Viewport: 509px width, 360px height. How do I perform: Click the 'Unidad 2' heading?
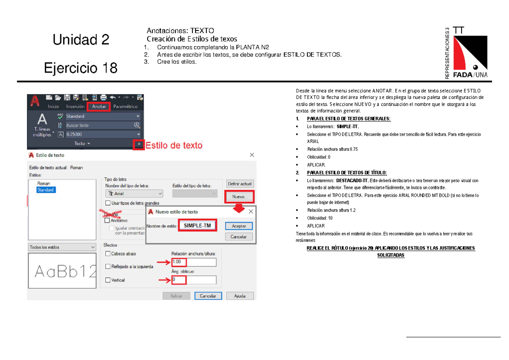coord(81,40)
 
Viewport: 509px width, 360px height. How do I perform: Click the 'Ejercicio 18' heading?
coord(81,67)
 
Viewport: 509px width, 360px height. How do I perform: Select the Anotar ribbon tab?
coord(98,107)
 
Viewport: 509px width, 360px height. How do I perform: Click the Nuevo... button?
coord(240,197)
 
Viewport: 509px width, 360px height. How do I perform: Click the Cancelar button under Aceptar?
coord(239,237)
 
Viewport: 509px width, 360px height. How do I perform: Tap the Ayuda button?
coord(240,296)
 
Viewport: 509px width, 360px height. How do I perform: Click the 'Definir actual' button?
coord(240,184)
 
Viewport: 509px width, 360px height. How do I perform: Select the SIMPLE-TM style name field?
coord(197,226)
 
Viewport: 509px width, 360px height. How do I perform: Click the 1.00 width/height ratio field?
coord(194,262)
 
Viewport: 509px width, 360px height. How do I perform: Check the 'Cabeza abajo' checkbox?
coord(108,254)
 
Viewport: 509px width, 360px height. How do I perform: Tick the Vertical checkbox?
coord(108,280)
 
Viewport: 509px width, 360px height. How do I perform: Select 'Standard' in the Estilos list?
coord(45,190)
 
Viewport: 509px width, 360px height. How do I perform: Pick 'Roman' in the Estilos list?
coord(44,184)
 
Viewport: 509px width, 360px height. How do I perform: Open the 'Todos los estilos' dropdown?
coord(62,247)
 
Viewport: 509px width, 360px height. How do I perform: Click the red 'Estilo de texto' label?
coord(174,145)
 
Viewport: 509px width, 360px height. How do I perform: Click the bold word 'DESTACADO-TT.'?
coord(350,180)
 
